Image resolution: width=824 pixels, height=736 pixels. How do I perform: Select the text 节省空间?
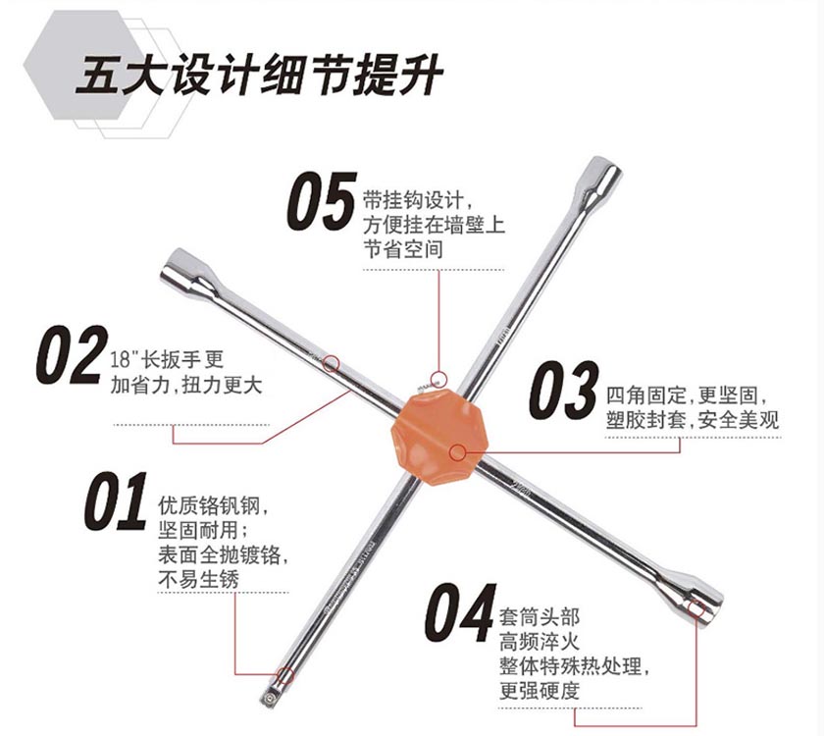(402, 249)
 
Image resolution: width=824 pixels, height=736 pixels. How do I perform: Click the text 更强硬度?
(539, 690)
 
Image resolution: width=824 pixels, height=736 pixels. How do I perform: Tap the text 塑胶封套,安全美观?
(692, 421)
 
